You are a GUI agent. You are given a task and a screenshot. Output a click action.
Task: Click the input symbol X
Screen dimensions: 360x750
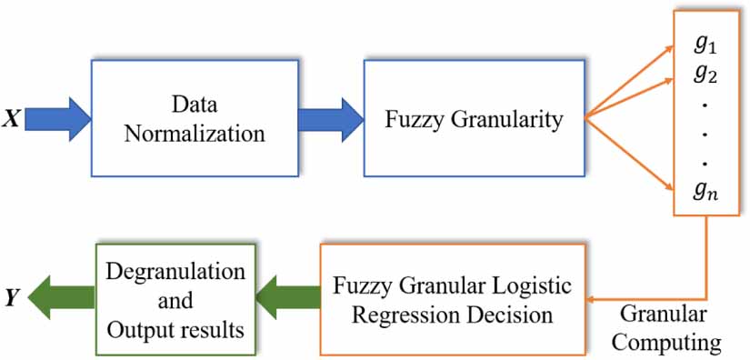coord(12,118)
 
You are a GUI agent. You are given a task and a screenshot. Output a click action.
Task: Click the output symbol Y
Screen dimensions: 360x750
coord(12,295)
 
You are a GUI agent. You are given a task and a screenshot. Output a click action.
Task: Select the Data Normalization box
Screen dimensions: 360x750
coord(195,118)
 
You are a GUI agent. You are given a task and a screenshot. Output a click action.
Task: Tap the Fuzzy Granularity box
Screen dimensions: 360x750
coord(472,118)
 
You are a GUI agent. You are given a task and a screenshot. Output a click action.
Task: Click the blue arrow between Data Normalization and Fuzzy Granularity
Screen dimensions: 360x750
coord(330,118)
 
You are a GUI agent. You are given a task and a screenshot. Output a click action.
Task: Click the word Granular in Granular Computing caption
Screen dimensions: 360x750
coord(660,314)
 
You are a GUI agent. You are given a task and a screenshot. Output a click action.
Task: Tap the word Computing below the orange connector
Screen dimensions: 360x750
coord(672,342)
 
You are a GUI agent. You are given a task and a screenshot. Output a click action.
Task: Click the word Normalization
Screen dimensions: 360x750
coord(195,134)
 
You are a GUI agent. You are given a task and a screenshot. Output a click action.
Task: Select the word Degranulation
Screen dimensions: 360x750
coord(175,271)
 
